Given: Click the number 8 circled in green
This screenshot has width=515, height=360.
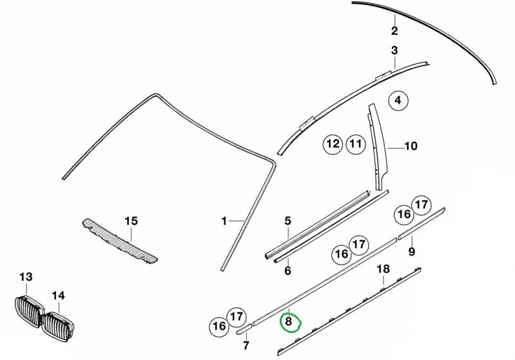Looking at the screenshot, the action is (288, 321).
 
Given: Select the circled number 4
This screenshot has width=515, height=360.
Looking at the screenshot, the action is (398, 100).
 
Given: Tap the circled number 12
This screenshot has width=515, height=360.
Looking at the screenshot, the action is (333, 144).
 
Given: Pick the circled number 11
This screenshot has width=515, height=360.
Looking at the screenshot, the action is (356, 144).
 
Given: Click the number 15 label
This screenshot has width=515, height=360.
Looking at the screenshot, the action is (131, 221).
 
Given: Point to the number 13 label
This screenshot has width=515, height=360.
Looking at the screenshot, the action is (26, 277).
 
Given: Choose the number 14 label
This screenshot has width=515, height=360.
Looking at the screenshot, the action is (58, 296).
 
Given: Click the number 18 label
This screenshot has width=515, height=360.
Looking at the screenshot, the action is (383, 269).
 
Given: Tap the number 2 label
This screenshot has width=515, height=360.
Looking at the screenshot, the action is (394, 30).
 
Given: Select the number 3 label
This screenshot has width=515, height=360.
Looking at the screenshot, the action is (394, 50).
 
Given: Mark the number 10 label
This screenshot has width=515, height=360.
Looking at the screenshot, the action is (411, 146).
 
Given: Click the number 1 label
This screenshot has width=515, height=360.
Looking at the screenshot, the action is (224, 221).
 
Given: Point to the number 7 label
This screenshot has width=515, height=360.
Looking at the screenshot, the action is (246, 345).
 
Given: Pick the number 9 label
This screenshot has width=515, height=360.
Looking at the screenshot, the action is (411, 252).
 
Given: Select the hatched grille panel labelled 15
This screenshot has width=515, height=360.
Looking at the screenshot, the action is (119, 241).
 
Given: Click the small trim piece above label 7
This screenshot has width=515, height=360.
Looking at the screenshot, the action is (244, 329).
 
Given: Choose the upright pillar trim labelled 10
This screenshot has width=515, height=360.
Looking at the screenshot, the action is (377, 147).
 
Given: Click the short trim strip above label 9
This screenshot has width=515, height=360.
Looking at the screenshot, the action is (422, 223).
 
